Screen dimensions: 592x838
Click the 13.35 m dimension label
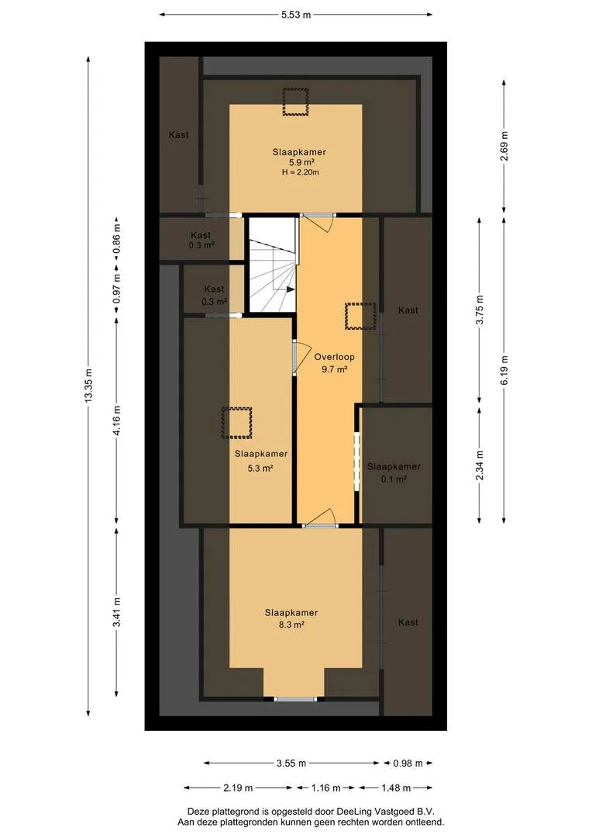[x=88, y=386]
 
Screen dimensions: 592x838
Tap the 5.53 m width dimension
[x=296, y=15]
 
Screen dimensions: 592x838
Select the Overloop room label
[x=334, y=356]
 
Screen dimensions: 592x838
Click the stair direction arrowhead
[x=291, y=289]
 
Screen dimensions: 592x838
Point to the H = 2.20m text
[x=301, y=172]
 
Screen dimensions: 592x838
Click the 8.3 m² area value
[x=291, y=624]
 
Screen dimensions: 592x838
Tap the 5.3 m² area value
[x=260, y=468]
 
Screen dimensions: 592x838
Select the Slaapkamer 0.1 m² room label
[x=394, y=473]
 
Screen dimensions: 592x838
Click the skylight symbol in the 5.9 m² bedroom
[x=296, y=102]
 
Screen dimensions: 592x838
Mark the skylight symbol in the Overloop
[x=361, y=316]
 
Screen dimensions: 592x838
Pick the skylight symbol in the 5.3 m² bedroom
[x=237, y=423]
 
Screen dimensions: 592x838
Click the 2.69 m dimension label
[x=504, y=146]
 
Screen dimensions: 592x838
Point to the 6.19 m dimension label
[x=504, y=369]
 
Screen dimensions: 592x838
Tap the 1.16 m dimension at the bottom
[x=326, y=788]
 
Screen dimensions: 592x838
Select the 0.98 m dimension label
[x=408, y=764]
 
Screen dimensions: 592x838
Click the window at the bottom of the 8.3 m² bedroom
[x=295, y=698]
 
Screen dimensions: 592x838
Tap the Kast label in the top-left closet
[x=179, y=135]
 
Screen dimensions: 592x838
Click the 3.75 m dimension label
[x=480, y=310]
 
